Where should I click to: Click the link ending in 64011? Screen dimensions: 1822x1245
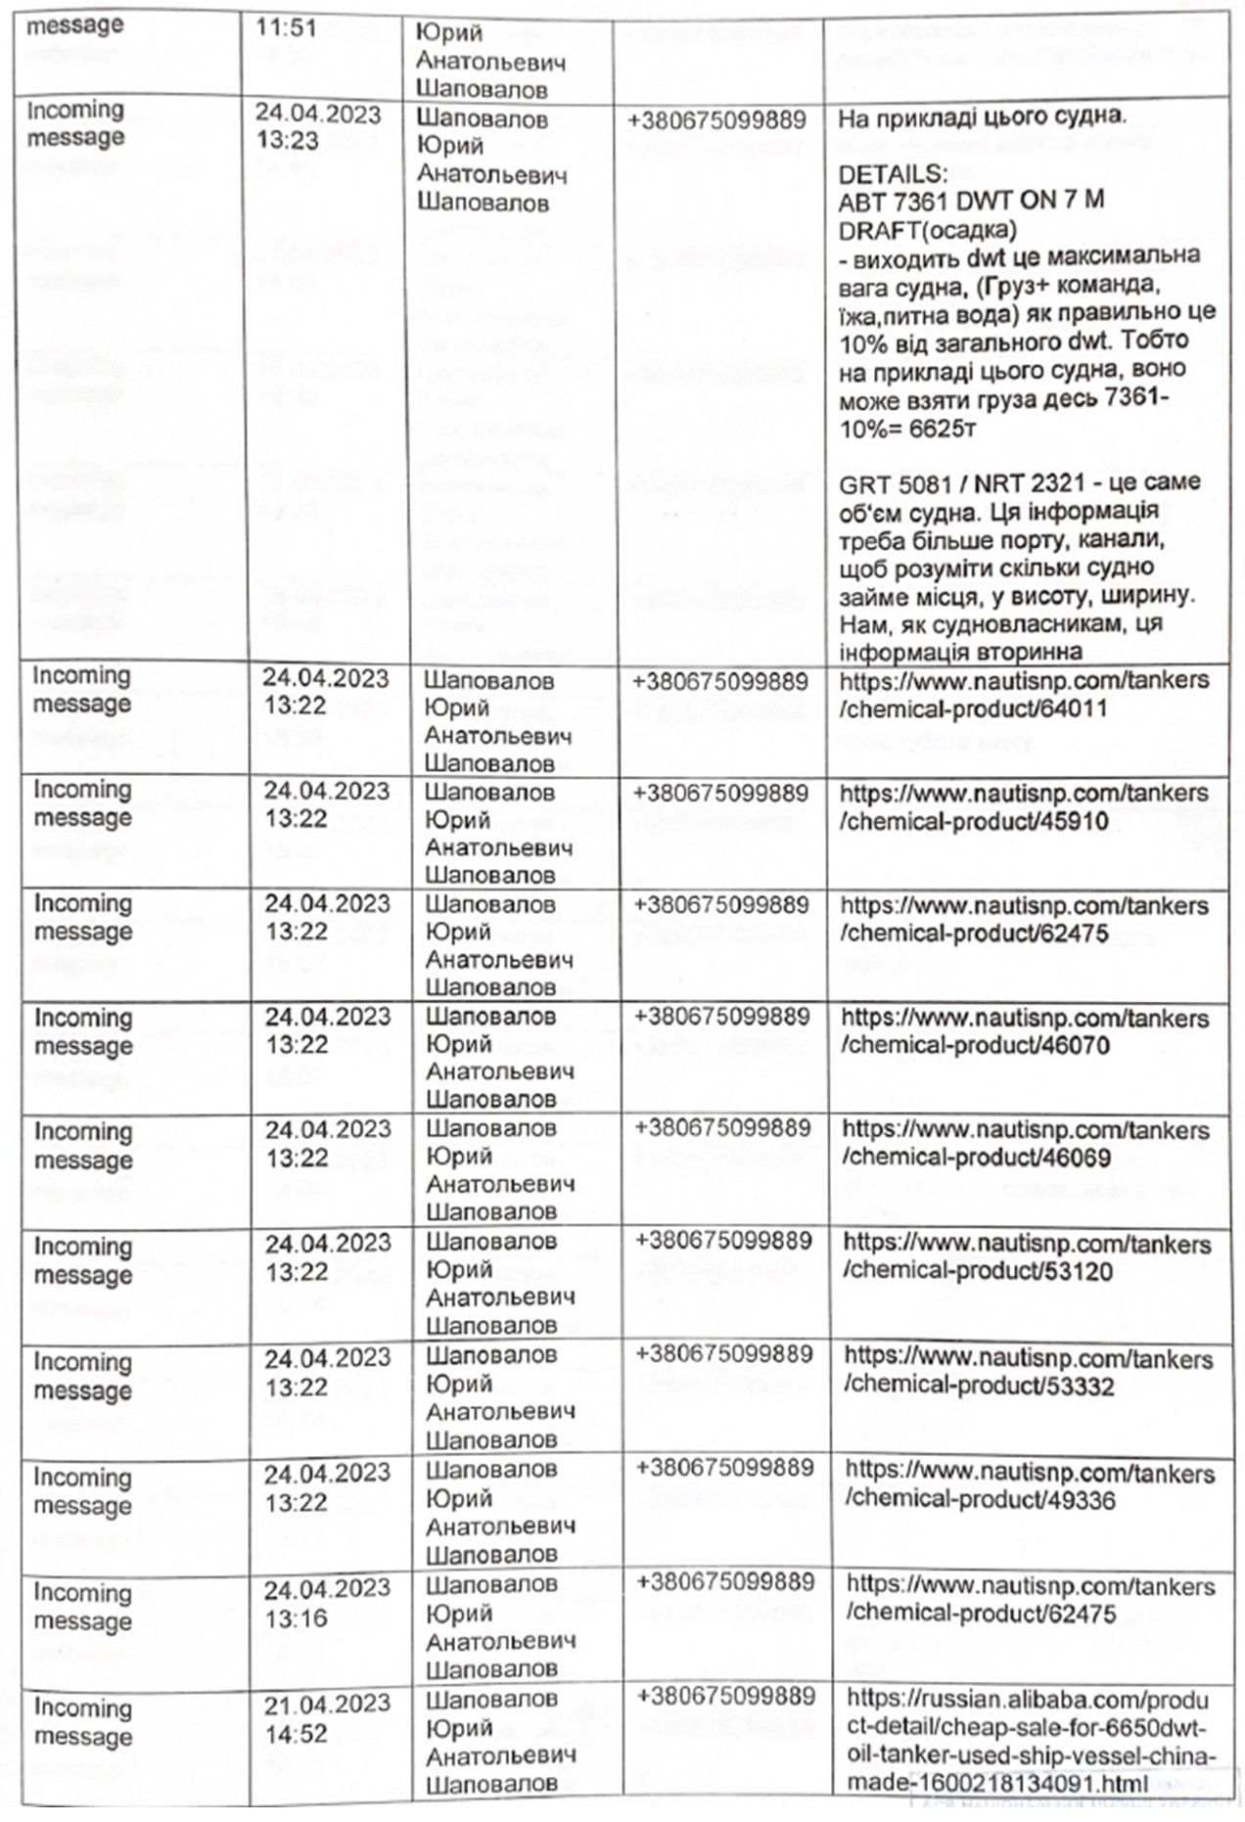pos(1024,694)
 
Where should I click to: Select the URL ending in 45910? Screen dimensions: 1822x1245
pos(1024,806)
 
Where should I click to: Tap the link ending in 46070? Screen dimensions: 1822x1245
pos(1025,1031)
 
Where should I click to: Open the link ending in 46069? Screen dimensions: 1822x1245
pos(1026,1144)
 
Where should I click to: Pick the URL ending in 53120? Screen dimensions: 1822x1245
pos(1027,1257)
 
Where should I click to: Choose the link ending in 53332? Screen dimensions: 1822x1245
pos(1028,1372)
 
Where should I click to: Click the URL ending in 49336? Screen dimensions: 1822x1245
pos(1029,1486)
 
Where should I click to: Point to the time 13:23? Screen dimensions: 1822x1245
pos(288,141)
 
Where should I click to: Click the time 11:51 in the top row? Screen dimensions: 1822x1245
pos(286,27)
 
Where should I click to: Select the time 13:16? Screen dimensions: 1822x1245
pos(297,1618)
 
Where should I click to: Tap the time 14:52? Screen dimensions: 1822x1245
pos(297,1734)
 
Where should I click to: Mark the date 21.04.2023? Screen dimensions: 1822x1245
pos(327,1705)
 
